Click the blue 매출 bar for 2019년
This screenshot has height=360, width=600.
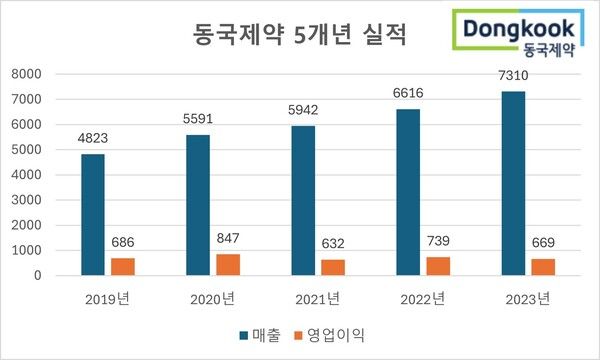pos(93,214)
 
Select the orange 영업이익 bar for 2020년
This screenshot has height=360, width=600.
pos(228,264)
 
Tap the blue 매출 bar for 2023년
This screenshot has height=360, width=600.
pos(513,183)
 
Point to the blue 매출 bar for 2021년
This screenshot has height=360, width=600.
pos(303,200)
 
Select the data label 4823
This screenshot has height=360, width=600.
pos(93,138)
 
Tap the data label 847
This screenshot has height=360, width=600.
pos(228,238)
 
